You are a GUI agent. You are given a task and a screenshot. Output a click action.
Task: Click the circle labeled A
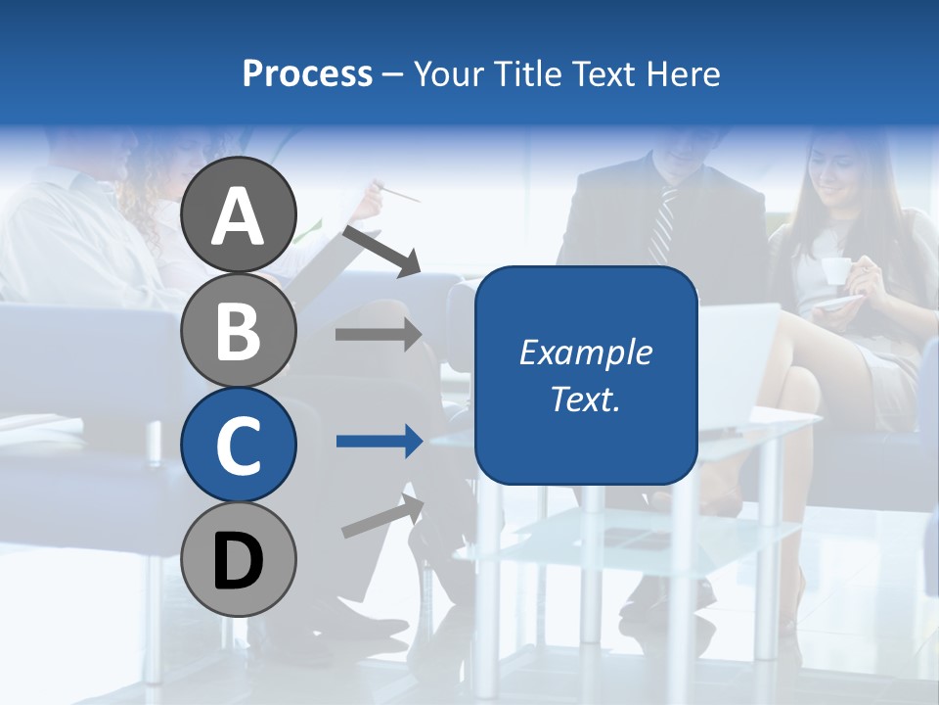point(239,214)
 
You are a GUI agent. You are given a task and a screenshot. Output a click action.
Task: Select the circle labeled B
point(239,330)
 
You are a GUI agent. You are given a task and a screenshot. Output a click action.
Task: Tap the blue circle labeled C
point(239,445)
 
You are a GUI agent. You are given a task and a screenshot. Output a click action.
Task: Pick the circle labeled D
point(239,559)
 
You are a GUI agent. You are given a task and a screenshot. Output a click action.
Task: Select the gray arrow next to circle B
point(379,335)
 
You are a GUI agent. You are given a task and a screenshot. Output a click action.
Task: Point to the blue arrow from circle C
point(379,442)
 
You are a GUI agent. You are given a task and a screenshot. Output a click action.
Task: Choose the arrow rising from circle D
point(382,517)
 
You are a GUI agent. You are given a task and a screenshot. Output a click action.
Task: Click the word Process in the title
point(307,73)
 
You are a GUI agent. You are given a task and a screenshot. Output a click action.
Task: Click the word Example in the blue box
point(586,352)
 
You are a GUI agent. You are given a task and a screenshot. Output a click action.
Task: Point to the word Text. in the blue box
point(586,399)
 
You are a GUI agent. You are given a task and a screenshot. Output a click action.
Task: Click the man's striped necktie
point(663,226)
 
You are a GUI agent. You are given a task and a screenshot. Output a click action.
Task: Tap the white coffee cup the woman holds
point(834,270)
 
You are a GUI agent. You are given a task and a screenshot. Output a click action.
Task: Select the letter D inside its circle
point(239,561)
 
